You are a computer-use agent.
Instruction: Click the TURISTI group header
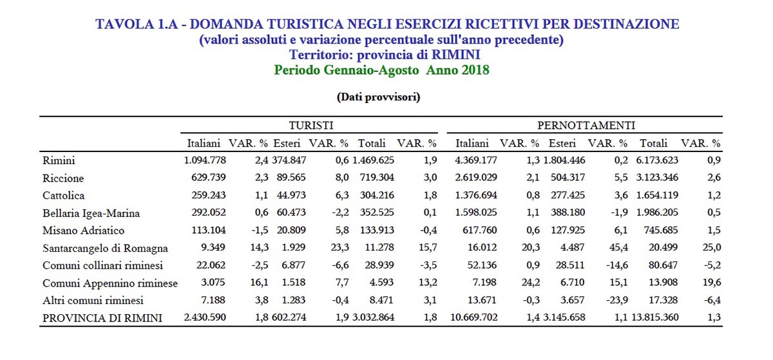coord(311,126)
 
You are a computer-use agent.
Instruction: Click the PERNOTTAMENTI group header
coord(586,126)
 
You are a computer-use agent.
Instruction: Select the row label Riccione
coord(63,178)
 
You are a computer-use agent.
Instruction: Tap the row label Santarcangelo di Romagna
coord(105,248)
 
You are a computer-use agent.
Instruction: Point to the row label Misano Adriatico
coord(83,230)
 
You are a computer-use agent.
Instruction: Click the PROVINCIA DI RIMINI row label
coord(102,318)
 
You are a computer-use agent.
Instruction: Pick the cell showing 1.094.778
coord(205,160)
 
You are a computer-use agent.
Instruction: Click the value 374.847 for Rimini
coord(289,160)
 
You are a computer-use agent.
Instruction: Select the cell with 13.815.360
coord(655,317)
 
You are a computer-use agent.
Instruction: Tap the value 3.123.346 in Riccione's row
coord(657,177)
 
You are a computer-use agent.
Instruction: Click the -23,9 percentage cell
coord(617,300)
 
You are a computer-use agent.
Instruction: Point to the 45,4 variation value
coord(619,247)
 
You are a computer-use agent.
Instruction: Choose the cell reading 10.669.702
coord(474,317)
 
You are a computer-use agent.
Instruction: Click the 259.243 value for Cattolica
coord(209,195)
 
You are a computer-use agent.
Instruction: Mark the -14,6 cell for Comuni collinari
coord(617,265)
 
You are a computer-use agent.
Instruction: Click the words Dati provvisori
coord(379,97)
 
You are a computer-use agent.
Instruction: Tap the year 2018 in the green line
coord(475,70)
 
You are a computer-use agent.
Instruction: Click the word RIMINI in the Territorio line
coord(456,55)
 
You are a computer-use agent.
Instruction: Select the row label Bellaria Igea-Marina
coord(91,213)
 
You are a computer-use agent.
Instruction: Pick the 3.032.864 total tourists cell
coord(373,317)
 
